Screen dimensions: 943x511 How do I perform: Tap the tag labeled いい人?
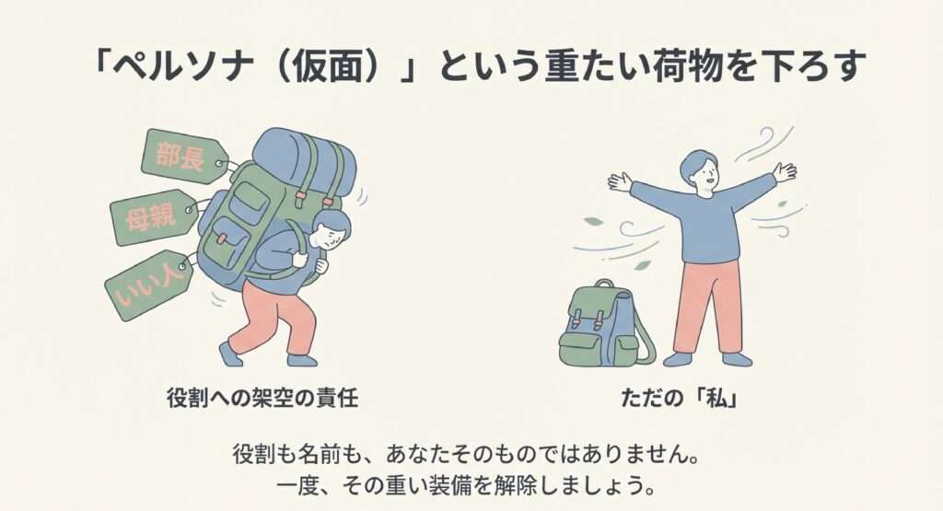[148, 285]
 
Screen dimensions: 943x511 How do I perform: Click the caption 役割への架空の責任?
[262, 398]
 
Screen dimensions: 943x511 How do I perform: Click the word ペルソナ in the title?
[184, 65]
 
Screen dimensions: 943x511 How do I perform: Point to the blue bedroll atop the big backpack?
[304, 157]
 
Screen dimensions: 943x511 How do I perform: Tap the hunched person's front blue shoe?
[230, 354]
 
